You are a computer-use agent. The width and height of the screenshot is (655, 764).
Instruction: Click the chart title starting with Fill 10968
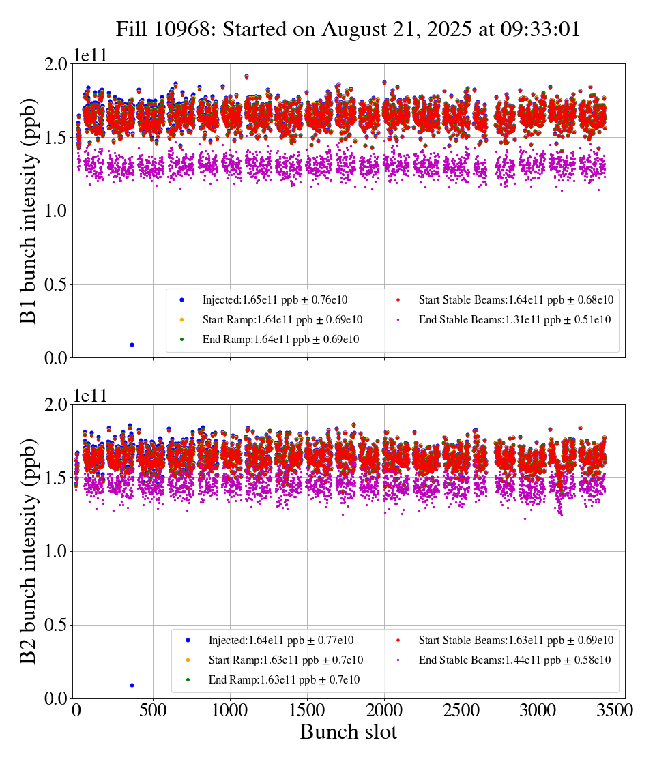(348, 29)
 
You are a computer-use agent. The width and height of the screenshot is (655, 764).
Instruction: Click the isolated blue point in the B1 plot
(132, 344)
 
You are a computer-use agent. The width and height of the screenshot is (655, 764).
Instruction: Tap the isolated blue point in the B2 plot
(132, 685)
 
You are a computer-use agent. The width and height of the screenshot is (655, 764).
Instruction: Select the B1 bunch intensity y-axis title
(29, 211)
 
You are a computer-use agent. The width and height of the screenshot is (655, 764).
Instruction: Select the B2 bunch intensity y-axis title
(29, 551)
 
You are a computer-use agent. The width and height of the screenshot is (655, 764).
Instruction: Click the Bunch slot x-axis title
(348, 733)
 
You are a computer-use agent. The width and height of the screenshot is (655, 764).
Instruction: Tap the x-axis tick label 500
(153, 711)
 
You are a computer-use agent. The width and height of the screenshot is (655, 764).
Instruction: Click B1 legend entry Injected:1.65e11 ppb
(282, 299)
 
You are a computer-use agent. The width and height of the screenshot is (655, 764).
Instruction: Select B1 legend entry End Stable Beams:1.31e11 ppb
(514, 319)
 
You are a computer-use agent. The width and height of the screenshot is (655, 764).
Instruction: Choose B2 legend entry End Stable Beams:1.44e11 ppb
(514, 660)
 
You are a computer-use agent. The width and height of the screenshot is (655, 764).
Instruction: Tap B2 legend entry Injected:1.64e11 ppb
(281, 641)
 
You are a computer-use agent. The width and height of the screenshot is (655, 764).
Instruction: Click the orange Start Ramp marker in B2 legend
(188, 660)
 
